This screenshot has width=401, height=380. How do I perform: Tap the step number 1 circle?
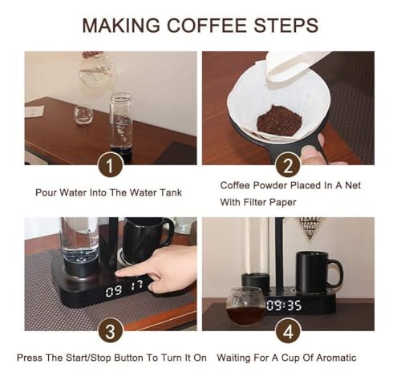pos(110,166)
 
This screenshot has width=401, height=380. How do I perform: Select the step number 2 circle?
pos(288,166)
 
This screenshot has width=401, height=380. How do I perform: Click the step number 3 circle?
pos(110,332)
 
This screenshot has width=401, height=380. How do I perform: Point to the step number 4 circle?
pos(288,332)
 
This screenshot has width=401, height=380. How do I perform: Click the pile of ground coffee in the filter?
pos(279,121)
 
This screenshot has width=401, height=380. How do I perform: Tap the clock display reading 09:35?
pos(284,305)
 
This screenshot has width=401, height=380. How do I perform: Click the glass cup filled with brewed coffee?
pos(245,306)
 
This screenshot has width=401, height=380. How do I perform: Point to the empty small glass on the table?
pos(83,115)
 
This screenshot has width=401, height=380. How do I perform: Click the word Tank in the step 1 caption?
pos(171,192)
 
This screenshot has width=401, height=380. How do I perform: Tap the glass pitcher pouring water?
pos(98,68)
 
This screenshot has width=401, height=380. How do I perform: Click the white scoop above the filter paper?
pos(294,68)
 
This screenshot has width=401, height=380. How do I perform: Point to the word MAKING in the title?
pos(121,26)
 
